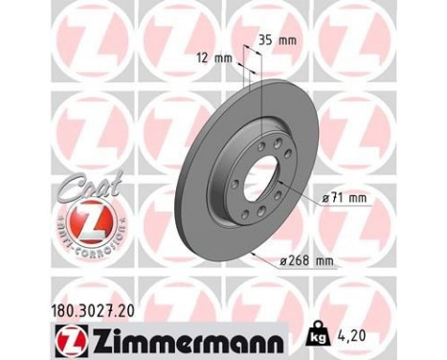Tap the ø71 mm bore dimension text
point(346,197)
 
